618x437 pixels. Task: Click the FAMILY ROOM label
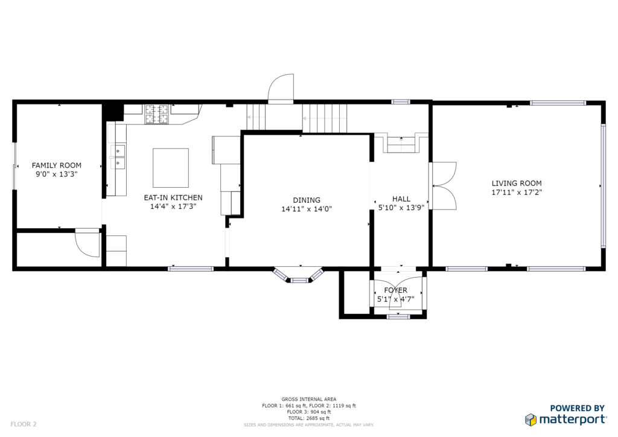point(56,165)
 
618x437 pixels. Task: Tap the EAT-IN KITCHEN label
point(173,198)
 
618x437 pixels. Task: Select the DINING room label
point(307,200)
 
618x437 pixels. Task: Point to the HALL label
point(401,199)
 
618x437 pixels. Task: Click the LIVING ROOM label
point(517,183)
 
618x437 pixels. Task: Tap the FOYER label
point(396,290)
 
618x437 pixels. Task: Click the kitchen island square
point(171,168)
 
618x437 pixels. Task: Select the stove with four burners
point(156,114)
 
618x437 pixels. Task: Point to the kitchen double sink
point(118,157)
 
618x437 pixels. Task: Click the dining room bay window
point(299,275)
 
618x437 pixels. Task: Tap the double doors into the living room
point(442,185)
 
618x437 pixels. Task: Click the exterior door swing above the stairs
point(281,89)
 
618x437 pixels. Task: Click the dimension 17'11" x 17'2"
point(517,193)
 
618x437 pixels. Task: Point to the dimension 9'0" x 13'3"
point(56,174)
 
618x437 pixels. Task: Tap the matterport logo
point(565,419)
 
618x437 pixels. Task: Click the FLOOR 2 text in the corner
point(24,424)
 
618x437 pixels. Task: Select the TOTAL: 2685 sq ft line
point(308,418)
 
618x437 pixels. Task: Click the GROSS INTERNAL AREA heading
point(308,399)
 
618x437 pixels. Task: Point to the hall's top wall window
point(401,102)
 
